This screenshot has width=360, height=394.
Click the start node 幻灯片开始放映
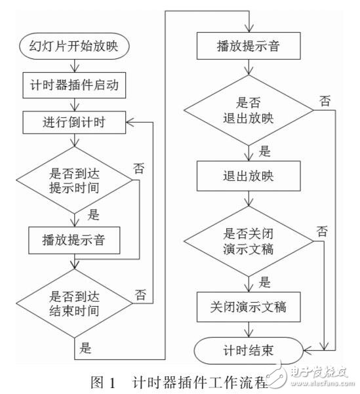pyautogui.click(x=78, y=47)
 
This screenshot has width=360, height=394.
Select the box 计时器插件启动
pyautogui.click(x=78, y=85)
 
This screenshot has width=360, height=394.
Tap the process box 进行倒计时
pyautogui.click(x=78, y=121)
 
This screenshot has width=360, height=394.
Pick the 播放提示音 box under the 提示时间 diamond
pyautogui.click(x=78, y=241)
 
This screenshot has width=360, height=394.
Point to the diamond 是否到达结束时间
pyautogui.click(x=78, y=301)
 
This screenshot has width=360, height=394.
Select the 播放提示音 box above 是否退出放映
pyautogui.click(x=250, y=47)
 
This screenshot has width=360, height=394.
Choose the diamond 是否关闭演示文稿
pyautogui.click(x=250, y=242)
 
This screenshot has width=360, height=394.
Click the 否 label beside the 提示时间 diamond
pyautogui.click(x=139, y=167)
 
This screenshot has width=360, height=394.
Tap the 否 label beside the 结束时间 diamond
pyautogui.click(x=139, y=295)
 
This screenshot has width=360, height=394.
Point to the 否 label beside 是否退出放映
pyautogui.click(x=324, y=100)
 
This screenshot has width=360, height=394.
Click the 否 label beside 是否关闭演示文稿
pyautogui.click(x=323, y=231)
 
